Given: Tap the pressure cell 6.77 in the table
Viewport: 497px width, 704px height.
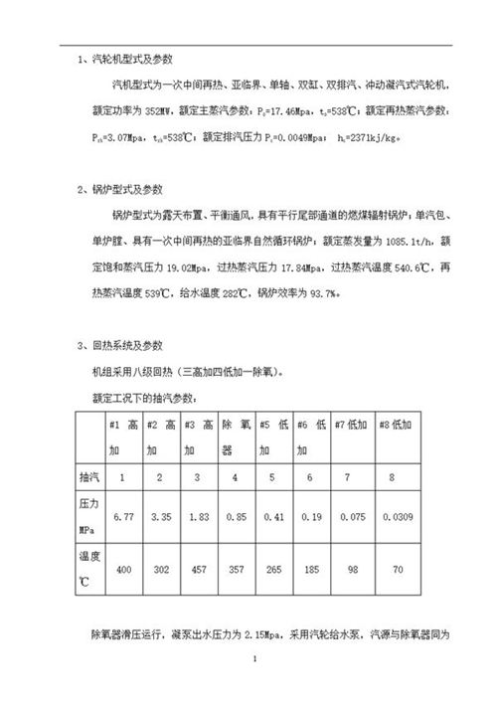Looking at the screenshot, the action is [x=123, y=517].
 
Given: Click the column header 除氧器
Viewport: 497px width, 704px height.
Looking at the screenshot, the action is [x=235, y=438].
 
